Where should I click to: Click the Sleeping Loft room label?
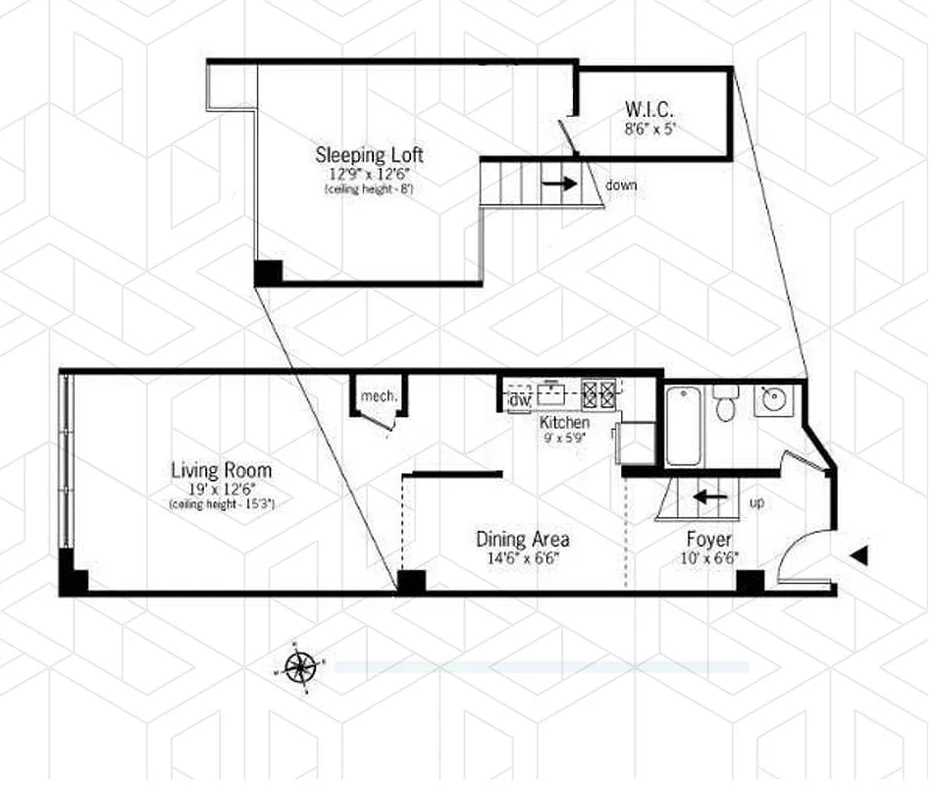click(x=369, y=154)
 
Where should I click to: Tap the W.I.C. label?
click(x=649, y=108)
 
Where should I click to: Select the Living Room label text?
click(x=221, y=470)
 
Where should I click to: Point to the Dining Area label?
click(x=522, y=539)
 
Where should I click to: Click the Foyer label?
click(x=708, y=539)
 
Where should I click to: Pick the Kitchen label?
click(x=565, y=422)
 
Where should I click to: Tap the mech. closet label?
click(x=379, y=396)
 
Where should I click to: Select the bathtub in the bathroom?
click(x=684, y=426)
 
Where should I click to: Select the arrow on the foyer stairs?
click(x=710, y=497)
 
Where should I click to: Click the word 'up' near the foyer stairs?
click(x=756, y=502)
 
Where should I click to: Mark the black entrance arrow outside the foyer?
click(x=858, y=556)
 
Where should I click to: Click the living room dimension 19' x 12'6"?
click(x=221, y=489)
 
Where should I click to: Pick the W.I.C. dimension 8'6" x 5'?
click(x=649, y=126)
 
